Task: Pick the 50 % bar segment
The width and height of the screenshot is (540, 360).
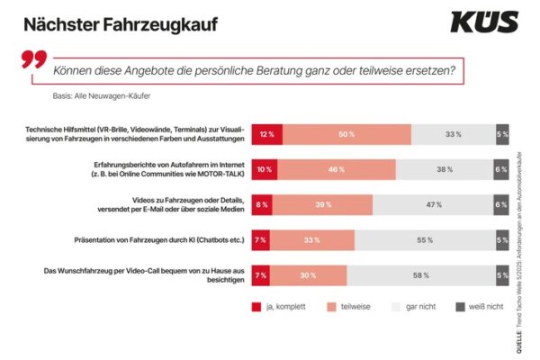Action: [346, 134]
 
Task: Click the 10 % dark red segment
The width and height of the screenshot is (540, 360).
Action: [263, 169]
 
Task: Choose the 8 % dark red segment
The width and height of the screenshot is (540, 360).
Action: [260, 204]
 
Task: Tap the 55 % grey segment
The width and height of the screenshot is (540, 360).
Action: [423, 239]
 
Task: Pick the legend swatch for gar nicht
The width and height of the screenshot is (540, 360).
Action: [393, 306]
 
